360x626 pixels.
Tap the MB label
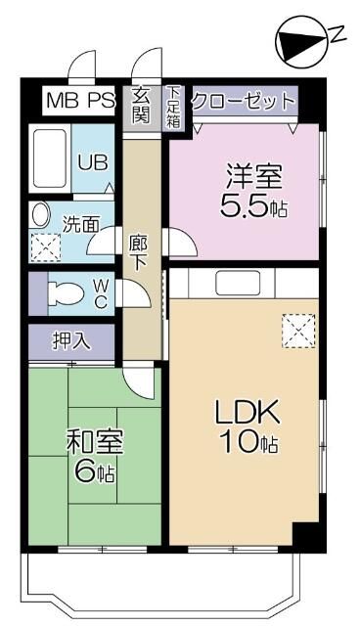(x=64, y=100)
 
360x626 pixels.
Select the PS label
(x=101, y=100)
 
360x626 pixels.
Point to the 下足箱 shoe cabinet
(x=173, y=107)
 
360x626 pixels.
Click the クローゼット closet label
(x=244, y=101)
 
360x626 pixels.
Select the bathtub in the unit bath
(x=47, y=157)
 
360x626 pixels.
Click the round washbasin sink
(x=42, y=215)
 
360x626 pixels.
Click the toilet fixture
(x=66, y=292)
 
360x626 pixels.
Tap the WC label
(x=101, y=293)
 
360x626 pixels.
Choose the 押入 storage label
(x=71, y=341)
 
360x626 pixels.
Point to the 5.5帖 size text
(x=253, y=208)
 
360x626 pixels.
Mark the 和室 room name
(x=95, y=442)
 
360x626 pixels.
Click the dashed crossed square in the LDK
(x=296, y=331)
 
